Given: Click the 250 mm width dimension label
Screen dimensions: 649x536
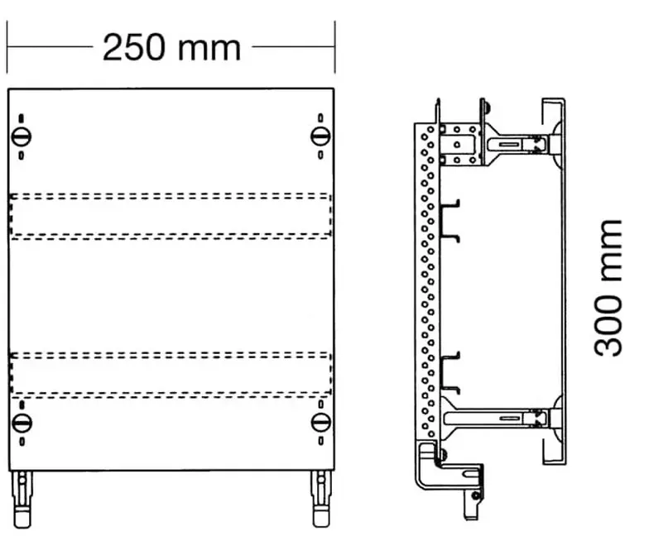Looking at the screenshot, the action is tap(171, 48).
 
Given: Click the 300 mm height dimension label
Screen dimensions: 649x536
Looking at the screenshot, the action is tap(608, 288).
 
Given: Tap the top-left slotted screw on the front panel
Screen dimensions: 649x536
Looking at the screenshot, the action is tap(22, 136).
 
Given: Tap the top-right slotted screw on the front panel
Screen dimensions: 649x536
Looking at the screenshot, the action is tap(320, 136).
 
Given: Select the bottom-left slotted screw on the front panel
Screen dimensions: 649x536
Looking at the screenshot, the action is tap(22, 423).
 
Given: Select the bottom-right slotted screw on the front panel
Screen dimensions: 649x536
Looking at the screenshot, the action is tap(321, 423).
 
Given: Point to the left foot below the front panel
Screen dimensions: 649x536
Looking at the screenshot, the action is tap(22, 499).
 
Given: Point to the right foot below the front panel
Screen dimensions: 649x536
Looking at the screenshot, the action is tap(321, 499).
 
